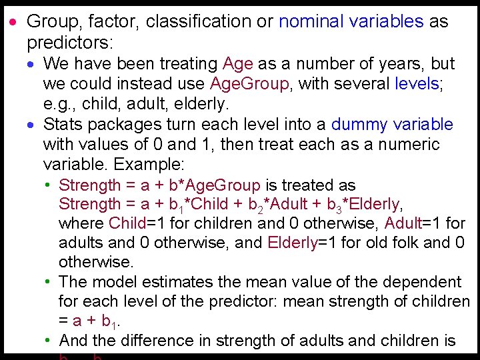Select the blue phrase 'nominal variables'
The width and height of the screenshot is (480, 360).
click(351, 21)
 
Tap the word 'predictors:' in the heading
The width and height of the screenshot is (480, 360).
click(71, 43)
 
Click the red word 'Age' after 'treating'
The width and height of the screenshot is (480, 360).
click(238, 64)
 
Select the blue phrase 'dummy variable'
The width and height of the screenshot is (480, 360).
click(392, 125)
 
